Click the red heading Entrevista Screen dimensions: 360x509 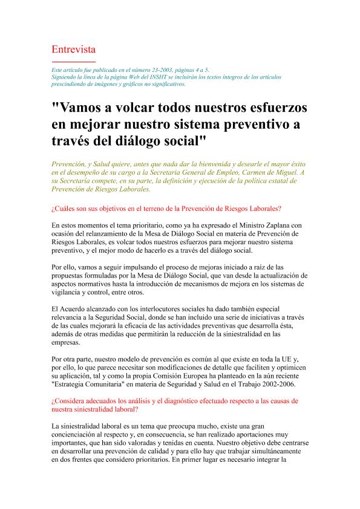tap(74, 49)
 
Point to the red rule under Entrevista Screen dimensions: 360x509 tap(74, 62)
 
